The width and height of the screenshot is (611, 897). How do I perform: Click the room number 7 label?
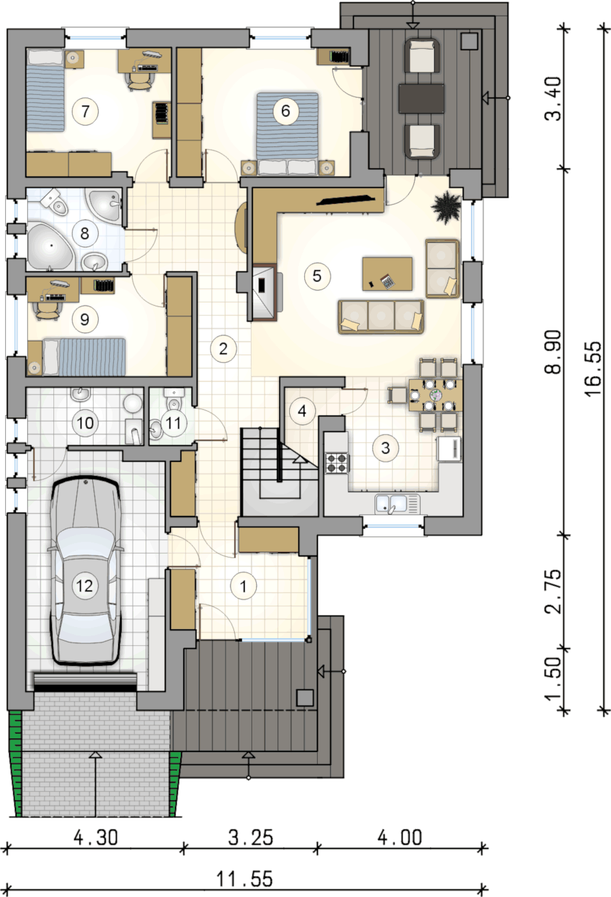(85, 111)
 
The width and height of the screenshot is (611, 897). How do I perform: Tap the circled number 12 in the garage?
(84, 586)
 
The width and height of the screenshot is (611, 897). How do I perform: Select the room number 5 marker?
(317, 276)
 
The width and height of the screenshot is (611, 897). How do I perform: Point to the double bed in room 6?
(287, 134)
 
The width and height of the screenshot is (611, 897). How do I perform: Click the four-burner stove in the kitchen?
(337, 462)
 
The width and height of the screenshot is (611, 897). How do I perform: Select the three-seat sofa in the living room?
(381, 317)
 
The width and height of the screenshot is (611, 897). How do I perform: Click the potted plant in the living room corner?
(446, 206)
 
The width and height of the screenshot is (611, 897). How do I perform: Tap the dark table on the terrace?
(421, 98)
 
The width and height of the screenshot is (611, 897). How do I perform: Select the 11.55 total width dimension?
(244, 879)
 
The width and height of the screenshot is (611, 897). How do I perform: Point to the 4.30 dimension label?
(96, 838)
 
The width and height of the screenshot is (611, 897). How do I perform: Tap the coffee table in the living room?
(387, 274)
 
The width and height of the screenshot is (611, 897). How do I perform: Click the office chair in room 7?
(139, 81)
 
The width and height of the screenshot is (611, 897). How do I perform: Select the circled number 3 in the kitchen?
(385, 448)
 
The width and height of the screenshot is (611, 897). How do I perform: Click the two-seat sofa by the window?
(442, 268)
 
